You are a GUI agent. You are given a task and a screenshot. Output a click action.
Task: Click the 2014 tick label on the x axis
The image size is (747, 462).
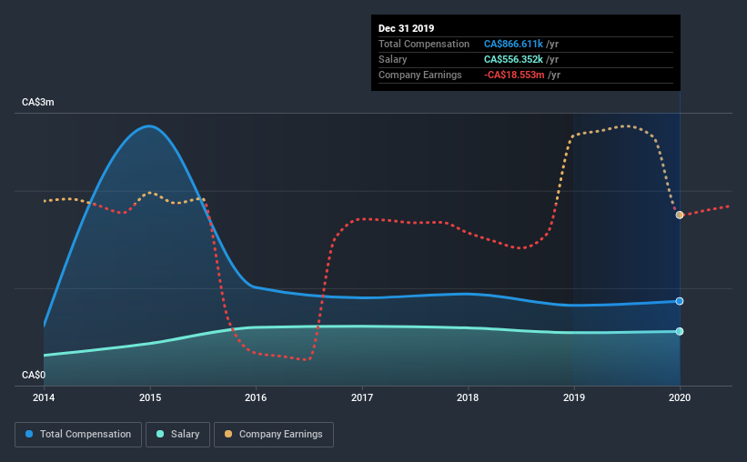click(x=44, y=397)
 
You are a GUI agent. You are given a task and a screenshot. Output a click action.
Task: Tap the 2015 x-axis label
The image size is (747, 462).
click(x=150, y=397)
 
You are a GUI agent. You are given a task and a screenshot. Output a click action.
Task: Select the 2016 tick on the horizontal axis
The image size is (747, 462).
click(x=256, y=397)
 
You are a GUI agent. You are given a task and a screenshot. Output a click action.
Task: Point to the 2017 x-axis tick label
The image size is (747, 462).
click(x=362, y=397)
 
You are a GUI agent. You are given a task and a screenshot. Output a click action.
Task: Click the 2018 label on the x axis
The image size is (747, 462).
click(x=468, y=397)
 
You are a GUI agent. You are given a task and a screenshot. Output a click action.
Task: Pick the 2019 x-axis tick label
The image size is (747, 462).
click(x=574, y=397)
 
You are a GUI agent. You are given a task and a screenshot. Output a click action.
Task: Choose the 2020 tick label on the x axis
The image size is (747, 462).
click(x=680, y=397)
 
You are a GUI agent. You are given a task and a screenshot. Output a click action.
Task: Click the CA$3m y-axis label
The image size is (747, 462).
click(x=38, y=103)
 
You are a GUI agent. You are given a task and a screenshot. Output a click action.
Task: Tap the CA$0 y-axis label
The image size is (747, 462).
click(x=34, y=375)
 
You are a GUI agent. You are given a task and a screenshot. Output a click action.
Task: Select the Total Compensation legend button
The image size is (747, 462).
click(x=78, y=435)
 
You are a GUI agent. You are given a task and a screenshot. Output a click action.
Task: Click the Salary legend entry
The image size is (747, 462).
click(x=180, y=435)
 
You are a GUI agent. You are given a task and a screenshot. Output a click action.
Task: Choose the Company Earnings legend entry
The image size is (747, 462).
click(x=274, y=435)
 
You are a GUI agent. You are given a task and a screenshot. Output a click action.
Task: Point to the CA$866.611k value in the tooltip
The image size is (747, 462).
click(x=513, y=44)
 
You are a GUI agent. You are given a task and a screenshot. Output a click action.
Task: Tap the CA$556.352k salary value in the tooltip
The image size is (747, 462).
click(x=513, y=59)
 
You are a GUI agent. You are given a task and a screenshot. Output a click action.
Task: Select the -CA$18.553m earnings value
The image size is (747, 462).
click(x=514, y=75)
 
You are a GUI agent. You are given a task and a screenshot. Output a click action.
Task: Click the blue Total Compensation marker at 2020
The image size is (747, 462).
click(x=680, y=301)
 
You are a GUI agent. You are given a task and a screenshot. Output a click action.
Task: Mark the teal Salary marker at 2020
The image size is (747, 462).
click(x=680, y=331)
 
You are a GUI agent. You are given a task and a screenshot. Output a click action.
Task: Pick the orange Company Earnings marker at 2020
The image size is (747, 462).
click(x=680, y=215)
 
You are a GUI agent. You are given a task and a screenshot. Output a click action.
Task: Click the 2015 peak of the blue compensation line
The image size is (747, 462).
click(x=150, y=126)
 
